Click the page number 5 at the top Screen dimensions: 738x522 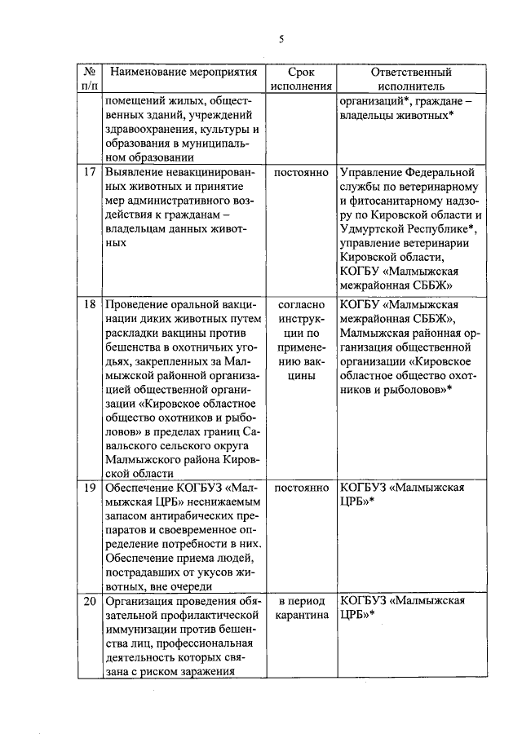coord(281,39)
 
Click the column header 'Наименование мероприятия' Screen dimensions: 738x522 coord(184,72)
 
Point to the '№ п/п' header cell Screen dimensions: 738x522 coord(91,78)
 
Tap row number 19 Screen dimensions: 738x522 coord(91,487)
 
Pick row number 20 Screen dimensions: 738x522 coord(91,600)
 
